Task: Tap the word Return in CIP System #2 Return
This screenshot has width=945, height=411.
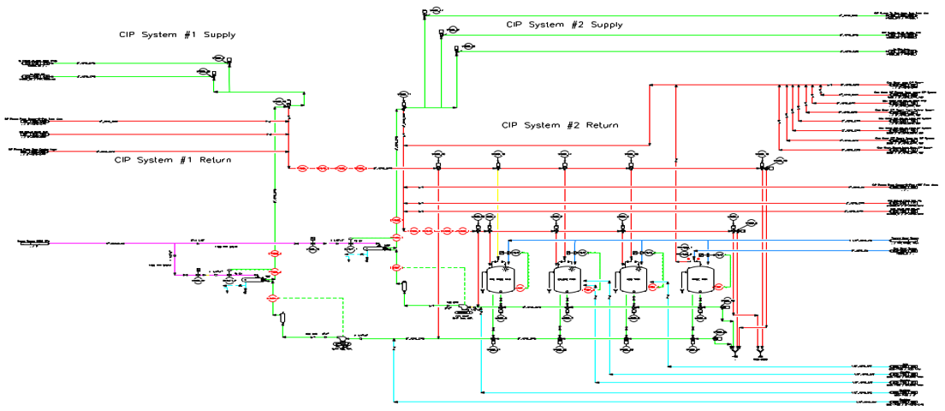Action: (x=597, y=125)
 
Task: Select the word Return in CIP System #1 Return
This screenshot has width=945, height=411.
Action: (x=210, y=160)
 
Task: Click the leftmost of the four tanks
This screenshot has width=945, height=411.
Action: (x=497, y=278)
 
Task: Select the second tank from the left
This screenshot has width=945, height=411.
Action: (x=565, y=279)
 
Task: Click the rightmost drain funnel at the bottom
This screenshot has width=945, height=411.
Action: (x=760, y=351)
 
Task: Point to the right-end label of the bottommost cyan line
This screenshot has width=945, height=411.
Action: (x=904, y=401)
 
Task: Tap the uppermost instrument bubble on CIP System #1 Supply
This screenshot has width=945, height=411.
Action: (x=219, y=58)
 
